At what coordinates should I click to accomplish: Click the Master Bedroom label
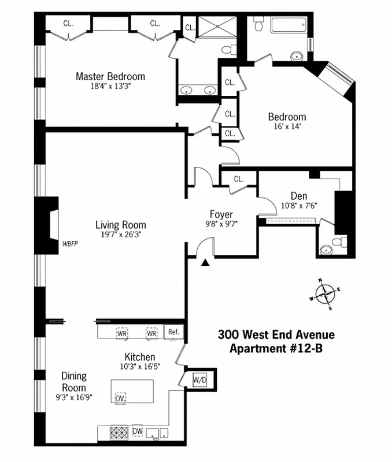(x=110, y=76)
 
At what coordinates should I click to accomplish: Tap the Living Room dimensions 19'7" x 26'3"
(x=121, y=235)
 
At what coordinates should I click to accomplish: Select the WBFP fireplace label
(x=70, y=244)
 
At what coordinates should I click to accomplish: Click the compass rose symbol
(x=326, y=293)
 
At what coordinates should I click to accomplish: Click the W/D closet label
(x=200, y=379)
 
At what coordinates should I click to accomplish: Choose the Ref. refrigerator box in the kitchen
(x=173, y=332)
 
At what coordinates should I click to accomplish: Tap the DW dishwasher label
(x=138, y=431)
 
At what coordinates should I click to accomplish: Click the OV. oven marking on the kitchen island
(x=120, y=398)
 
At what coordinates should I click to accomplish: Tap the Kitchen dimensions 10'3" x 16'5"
(x=138, y=367)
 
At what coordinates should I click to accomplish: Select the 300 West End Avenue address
(x=276, y=334)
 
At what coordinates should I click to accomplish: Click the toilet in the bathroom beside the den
(x=340, y=241)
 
